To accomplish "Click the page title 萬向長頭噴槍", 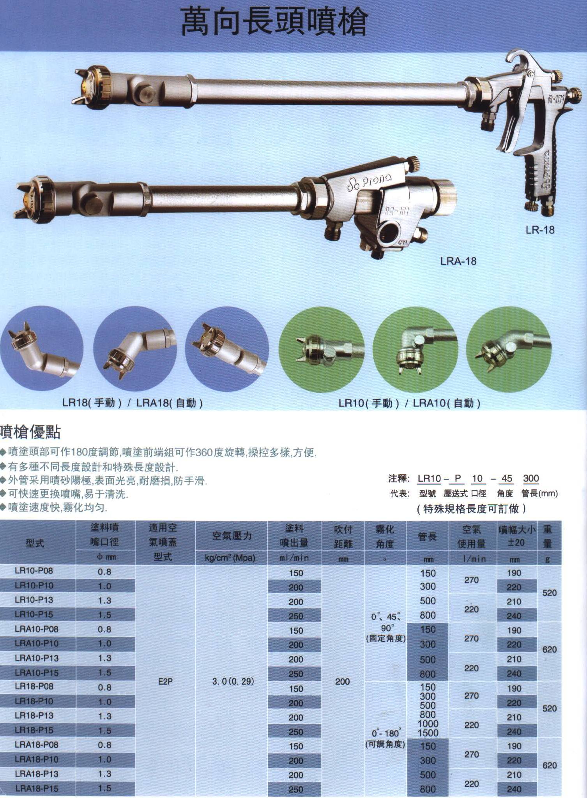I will tap(274, 23).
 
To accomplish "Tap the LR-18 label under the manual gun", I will tap(540, 230).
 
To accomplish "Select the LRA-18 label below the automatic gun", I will tap(458, 261).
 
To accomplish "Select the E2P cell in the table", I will tap(165, 681).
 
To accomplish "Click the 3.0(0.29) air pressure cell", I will tap(233, 681).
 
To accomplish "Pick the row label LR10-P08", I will tap(34, 571).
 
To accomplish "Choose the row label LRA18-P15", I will tap(36, 788).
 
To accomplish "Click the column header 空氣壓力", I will tap(232, 536).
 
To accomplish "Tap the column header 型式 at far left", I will tap(35, 543).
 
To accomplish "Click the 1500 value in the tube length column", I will tap(428, 733).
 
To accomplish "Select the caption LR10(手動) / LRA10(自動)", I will tap(409, 403).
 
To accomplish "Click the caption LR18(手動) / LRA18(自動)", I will tap(133, 403).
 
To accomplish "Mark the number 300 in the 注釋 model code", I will tap(530, 478).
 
